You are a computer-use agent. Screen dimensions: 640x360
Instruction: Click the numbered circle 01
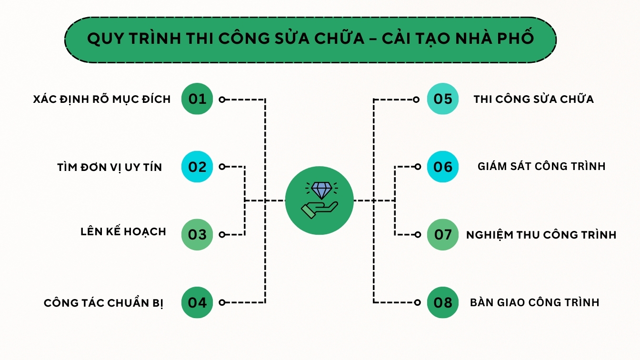(197, 99)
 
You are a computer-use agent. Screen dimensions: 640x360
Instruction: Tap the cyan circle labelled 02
(197, 167)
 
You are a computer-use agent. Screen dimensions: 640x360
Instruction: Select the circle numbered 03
(197, 235)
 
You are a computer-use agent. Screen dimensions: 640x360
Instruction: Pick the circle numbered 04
(197, 302)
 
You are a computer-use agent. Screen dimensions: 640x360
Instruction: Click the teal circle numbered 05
(443, 99)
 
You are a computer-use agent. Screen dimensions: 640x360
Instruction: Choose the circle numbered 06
(443, 167)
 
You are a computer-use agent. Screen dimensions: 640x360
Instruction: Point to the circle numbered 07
(443, 235)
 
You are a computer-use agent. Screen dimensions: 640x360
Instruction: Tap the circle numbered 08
(443, 302)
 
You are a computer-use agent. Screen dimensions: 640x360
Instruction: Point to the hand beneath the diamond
(320, 210)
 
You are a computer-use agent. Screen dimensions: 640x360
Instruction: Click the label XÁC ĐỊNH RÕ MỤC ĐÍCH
(102, 99)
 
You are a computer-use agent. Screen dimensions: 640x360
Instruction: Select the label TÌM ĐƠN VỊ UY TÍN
(110, 167)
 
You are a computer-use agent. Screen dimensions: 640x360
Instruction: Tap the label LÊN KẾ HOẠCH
(123, 231)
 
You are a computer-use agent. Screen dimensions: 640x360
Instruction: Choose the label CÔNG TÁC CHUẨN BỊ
(103, 302)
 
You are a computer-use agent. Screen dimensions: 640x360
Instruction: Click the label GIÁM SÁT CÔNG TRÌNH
(541, 166)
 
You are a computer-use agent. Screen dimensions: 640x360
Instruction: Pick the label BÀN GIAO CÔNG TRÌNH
(535, 302)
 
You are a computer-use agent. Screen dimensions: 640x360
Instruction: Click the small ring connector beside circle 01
(222, 100)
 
